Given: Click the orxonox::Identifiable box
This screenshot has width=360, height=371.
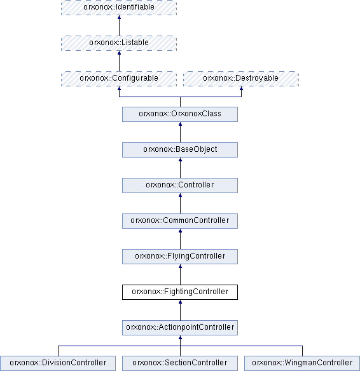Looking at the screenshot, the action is [x=119, y=8].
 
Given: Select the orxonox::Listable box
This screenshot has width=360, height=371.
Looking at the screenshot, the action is [x=119, y=43].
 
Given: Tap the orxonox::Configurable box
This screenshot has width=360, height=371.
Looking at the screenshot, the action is [x=119, y=79].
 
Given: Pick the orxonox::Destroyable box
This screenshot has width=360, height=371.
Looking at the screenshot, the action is [x=241, y=79].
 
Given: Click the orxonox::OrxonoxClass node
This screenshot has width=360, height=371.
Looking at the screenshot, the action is [x=180, y=114].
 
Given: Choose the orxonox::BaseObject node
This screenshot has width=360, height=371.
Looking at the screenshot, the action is [x=180, y=150].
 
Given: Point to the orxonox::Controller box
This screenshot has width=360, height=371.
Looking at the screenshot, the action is [x=180, y=185].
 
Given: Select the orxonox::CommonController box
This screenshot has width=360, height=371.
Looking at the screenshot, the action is [x=180, y=221].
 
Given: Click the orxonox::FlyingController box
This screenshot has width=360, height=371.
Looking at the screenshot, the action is [x=180, y=257].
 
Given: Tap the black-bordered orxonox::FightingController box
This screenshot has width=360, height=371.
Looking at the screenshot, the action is [x=180, y=292].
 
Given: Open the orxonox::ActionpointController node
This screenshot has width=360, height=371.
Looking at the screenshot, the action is [x=180, y=328].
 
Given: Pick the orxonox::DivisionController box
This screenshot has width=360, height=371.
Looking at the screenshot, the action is [x=58, y=363].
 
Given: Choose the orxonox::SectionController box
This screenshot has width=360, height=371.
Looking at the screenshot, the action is [x=180, y=363].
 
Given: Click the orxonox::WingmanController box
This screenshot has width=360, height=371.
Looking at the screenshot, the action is [x=302, y=363].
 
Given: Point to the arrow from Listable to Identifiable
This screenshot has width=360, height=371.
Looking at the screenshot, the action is [x=119, y=25].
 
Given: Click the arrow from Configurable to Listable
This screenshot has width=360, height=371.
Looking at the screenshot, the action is [x=119, y=61].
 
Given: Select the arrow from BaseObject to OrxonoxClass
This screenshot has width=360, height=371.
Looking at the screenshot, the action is [x=180, y=132].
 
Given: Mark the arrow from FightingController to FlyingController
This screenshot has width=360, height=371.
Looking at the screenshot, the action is [x=180, y=274].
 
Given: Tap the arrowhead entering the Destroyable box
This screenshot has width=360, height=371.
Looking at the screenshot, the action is [x=241, y=88].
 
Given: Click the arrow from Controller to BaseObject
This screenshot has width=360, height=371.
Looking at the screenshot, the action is [x=180, y=168].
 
